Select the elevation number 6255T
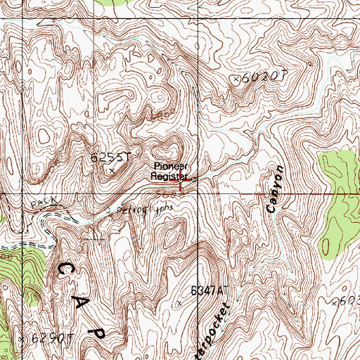[x=111, y=157]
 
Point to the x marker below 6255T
[x=111, y=169]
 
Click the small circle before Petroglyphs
[x=106, y=209]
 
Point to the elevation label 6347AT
[x=210, y=290]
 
